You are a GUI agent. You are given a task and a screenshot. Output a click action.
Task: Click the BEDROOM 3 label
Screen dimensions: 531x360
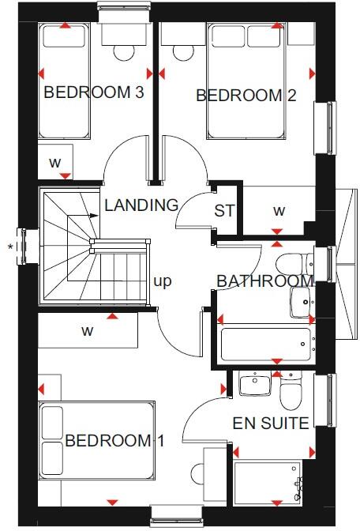(x=93, y=92)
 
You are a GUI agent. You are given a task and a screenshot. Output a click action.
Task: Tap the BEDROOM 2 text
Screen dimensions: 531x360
(x=246, y=96)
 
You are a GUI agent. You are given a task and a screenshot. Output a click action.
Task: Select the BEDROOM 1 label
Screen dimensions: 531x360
(x=109, y=441)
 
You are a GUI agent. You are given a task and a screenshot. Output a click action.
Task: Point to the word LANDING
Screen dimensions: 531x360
(x=141, y=205)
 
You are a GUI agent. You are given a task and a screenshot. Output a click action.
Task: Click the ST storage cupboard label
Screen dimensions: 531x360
(x=224, y=211)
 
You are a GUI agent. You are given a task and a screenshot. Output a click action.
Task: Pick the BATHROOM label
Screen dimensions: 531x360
(x=264, y=281)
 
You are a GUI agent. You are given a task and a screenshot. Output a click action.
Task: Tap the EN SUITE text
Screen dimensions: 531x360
(x=270, y=424)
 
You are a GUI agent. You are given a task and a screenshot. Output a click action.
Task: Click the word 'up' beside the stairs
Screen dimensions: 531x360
(x=163, y=281)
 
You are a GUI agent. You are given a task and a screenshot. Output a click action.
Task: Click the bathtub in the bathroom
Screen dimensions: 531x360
(x=266, y=344)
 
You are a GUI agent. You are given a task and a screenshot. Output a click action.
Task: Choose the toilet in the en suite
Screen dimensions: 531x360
(x=291, y=387)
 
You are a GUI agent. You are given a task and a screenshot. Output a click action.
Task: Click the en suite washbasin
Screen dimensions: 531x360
(x=253, y=385)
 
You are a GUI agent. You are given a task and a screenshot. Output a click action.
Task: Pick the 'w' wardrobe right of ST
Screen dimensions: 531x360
(x=279, y=211)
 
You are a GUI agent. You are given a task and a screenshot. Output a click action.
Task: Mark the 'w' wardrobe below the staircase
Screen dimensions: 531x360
(x=88, y=331)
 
